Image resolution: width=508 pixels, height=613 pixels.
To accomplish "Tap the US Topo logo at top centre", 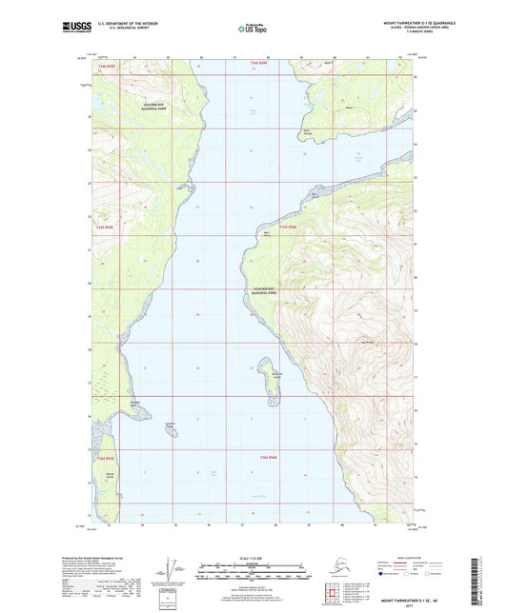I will [251, 30].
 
